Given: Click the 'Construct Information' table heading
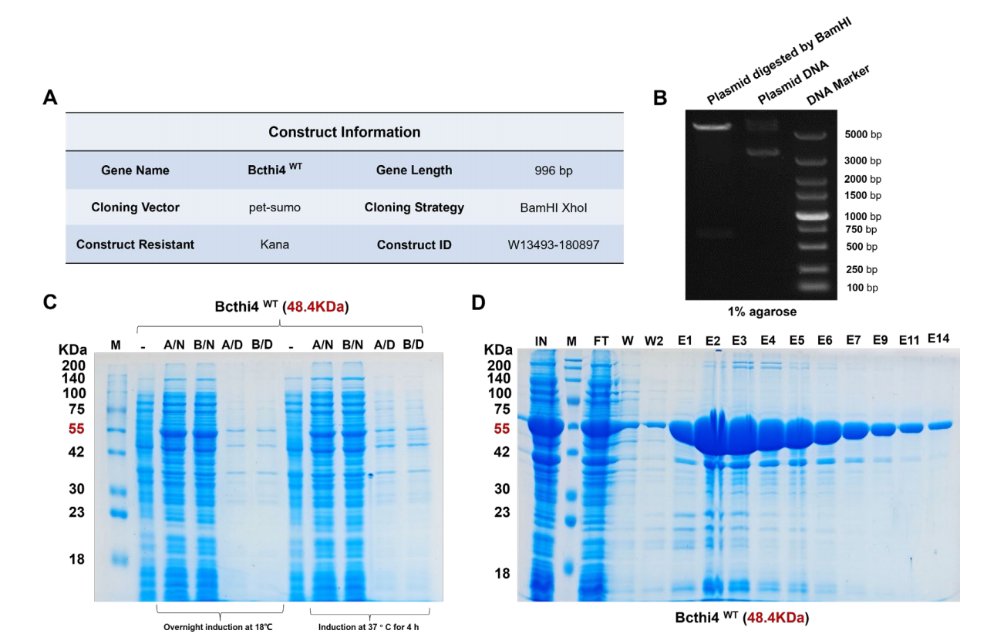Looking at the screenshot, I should point(344,132).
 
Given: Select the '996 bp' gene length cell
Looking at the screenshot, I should point(555,170).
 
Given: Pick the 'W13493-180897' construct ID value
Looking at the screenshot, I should point(554,244).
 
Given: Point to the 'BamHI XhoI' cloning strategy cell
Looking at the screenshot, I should point(555,207).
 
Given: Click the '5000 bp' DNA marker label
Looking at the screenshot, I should point(863,134).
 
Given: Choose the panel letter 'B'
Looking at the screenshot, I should point(660,98).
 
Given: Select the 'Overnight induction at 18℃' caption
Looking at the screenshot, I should point(217,627).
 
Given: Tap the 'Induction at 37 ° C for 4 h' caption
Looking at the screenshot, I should point(370,627).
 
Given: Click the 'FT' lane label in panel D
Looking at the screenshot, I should point(601,340).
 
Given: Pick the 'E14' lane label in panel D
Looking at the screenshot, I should point(939,338).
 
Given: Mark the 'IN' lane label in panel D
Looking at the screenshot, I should point(541,340).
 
